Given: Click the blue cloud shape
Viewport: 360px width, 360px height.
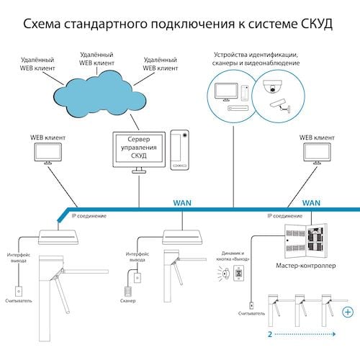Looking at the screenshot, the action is click(99, 96).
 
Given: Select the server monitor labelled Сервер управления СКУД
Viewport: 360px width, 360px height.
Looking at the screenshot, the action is click(139, 152).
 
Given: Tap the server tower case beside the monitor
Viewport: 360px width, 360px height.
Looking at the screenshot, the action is click(179, 150).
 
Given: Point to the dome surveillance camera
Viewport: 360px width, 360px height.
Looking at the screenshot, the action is click(272, 86).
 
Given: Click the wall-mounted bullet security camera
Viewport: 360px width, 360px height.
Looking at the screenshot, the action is click(280, 105).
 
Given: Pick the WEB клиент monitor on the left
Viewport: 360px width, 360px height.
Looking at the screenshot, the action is click(48, 153).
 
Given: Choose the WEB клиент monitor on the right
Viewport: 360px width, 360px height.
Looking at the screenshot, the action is click(317, 153).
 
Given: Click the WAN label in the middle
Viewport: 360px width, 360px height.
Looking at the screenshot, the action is click(182, 203).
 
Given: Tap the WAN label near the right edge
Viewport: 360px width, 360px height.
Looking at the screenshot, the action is click(311, 203).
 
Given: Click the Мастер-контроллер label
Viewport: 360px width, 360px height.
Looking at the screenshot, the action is click(306, 266).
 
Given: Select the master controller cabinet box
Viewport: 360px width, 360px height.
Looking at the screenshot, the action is click(305, 240).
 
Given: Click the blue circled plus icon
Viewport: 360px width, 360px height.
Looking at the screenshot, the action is click(348, 312).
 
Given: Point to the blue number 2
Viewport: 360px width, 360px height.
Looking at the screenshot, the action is click(270, 334).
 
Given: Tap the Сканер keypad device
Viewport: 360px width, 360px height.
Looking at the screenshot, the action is click(127, 292).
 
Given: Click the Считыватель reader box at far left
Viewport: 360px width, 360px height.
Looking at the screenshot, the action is click(19, 291).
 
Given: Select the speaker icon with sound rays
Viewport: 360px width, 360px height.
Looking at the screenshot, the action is click(224, 274).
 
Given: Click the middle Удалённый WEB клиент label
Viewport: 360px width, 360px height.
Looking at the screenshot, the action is click(96, 59).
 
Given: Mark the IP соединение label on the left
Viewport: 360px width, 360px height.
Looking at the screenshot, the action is click(89, 216).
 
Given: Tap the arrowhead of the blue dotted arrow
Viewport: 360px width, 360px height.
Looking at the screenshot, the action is click(334, 334).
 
